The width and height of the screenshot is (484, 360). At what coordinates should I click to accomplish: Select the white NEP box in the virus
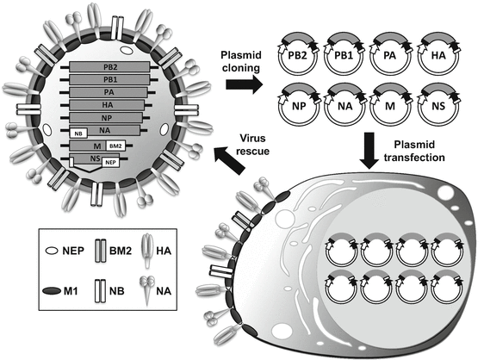point(111,161)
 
